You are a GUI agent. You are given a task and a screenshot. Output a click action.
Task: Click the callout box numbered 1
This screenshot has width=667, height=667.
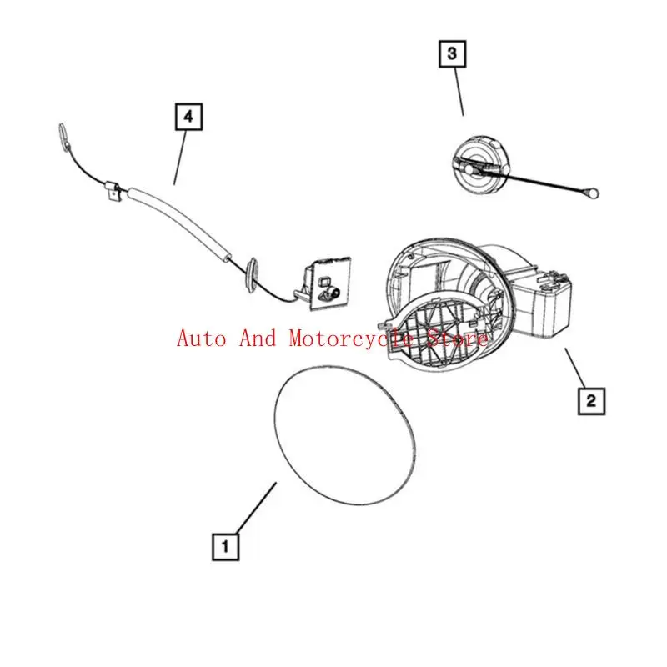point(225,546)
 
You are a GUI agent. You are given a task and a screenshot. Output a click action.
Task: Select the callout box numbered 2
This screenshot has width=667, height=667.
point(591,401)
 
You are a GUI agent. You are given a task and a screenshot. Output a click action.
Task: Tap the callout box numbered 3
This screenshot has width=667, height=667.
point(452,53)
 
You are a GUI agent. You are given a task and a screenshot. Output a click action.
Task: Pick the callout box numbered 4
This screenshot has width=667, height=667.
point(189,117)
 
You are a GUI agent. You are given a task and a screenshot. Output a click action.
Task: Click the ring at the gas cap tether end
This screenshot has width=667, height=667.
point(593,194)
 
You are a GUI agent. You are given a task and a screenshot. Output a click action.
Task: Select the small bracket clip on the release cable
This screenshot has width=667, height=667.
point(113,192)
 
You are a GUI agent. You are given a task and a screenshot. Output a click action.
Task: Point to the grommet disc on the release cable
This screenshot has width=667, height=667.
point(252,274)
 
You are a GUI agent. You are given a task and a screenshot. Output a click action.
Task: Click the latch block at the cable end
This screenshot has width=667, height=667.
point(324,283)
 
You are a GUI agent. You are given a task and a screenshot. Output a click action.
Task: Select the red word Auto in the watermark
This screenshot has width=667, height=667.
point(202,339)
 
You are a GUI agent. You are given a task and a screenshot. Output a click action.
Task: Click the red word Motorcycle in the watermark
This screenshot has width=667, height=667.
point(351,339)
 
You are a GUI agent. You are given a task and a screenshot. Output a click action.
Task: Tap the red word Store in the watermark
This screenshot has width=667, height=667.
point(457,339)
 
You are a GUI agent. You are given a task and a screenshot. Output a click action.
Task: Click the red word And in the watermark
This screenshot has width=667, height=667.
point(258,339)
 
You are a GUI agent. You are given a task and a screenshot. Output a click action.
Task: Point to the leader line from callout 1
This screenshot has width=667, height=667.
point(257,508)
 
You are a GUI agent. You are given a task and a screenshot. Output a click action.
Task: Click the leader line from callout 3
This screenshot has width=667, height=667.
point(459,92)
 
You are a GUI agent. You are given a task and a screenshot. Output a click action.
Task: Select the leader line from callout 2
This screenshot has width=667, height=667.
point(575,368)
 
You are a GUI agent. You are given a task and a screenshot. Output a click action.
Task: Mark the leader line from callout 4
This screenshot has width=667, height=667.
point(180,158)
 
